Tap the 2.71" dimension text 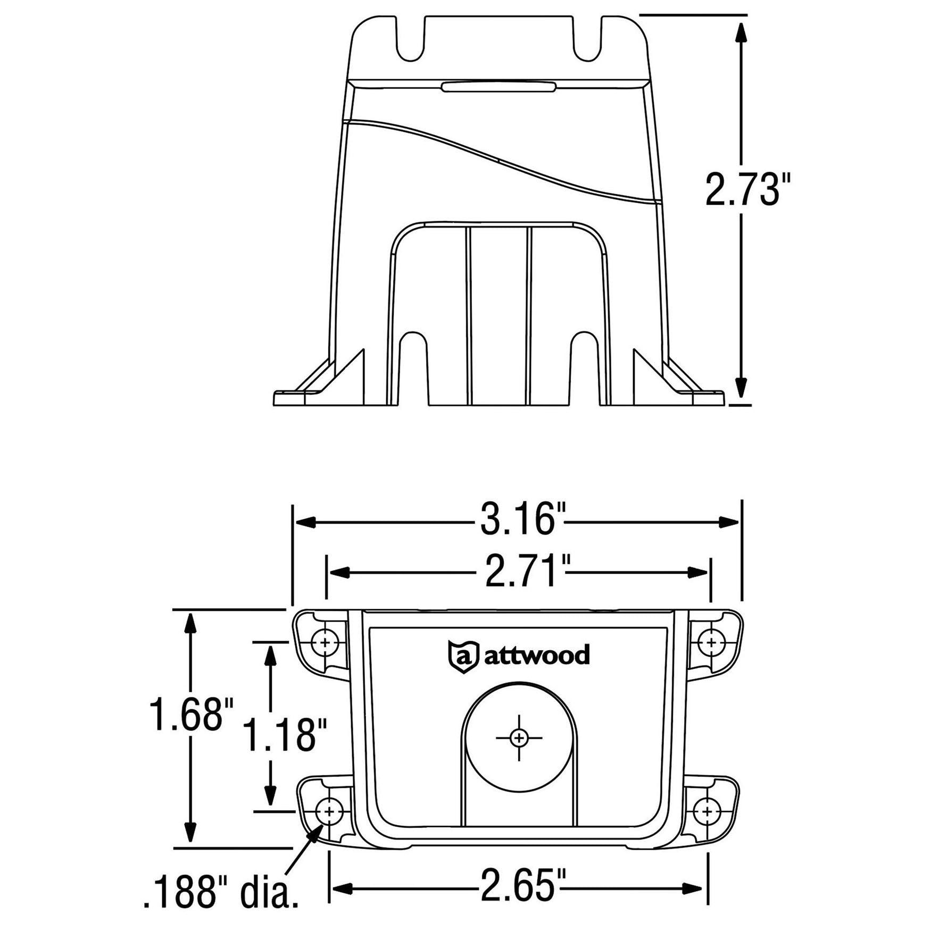(521, 571)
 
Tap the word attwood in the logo (536, 655)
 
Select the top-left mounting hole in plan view (325, 643)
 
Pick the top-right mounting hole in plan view (711, 643)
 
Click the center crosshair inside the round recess (519, 738)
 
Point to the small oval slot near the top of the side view (498, 87)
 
